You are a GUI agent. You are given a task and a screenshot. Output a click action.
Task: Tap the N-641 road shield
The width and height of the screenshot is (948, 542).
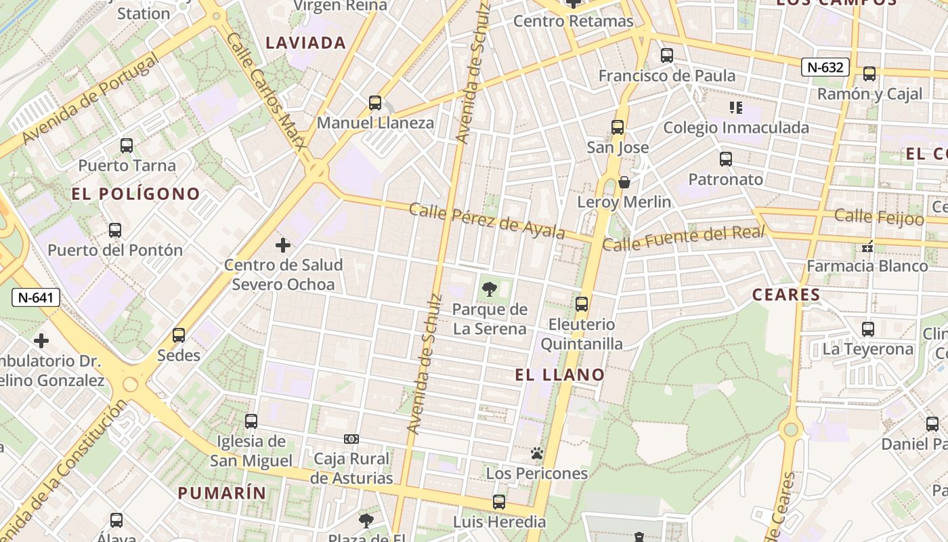pos(36,297)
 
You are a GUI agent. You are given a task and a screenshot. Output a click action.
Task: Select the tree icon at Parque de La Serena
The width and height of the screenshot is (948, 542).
pos(489,290)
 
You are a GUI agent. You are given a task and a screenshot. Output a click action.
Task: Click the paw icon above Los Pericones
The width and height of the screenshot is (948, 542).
pos(537,453)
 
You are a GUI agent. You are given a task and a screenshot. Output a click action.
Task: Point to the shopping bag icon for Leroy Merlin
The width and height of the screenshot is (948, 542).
pos(624,182)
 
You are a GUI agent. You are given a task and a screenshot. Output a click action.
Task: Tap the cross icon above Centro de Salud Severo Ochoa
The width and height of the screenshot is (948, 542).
pos(283,245)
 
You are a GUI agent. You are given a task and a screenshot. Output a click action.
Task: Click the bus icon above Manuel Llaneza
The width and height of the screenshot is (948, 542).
pos(375,103)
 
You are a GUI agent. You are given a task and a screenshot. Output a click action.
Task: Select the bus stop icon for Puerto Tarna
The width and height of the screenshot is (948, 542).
pos(126,145)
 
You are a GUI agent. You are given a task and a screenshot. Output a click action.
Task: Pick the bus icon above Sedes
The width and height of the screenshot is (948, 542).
pos(179,335)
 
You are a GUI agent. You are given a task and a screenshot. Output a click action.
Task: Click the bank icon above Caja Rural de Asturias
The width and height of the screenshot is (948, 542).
pos(351,439)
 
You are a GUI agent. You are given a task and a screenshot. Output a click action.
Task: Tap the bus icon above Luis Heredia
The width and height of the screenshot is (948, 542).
pos(499,502)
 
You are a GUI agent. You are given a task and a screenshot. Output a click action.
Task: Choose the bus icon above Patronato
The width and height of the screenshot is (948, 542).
pos(726,159)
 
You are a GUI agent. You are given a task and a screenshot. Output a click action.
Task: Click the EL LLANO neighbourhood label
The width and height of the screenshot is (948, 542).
pos(560,375)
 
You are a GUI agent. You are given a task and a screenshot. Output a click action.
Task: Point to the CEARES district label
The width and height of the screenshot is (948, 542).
pos(786,295)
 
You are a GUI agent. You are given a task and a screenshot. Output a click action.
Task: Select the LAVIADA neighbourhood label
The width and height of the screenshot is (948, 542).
pos(305,43)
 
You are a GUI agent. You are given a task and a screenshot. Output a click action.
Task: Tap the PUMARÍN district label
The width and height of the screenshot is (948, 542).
pos(222,493)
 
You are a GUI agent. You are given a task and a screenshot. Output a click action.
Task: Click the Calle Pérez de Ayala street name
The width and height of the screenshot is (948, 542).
pos(486,220)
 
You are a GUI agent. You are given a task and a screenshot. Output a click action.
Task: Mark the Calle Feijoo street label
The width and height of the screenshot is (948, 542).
pos(879,217)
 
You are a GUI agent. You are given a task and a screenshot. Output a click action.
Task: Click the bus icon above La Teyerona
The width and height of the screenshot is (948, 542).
pos(868,329)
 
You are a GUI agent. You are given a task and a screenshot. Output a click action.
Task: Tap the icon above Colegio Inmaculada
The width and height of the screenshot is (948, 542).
pos(735,107)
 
